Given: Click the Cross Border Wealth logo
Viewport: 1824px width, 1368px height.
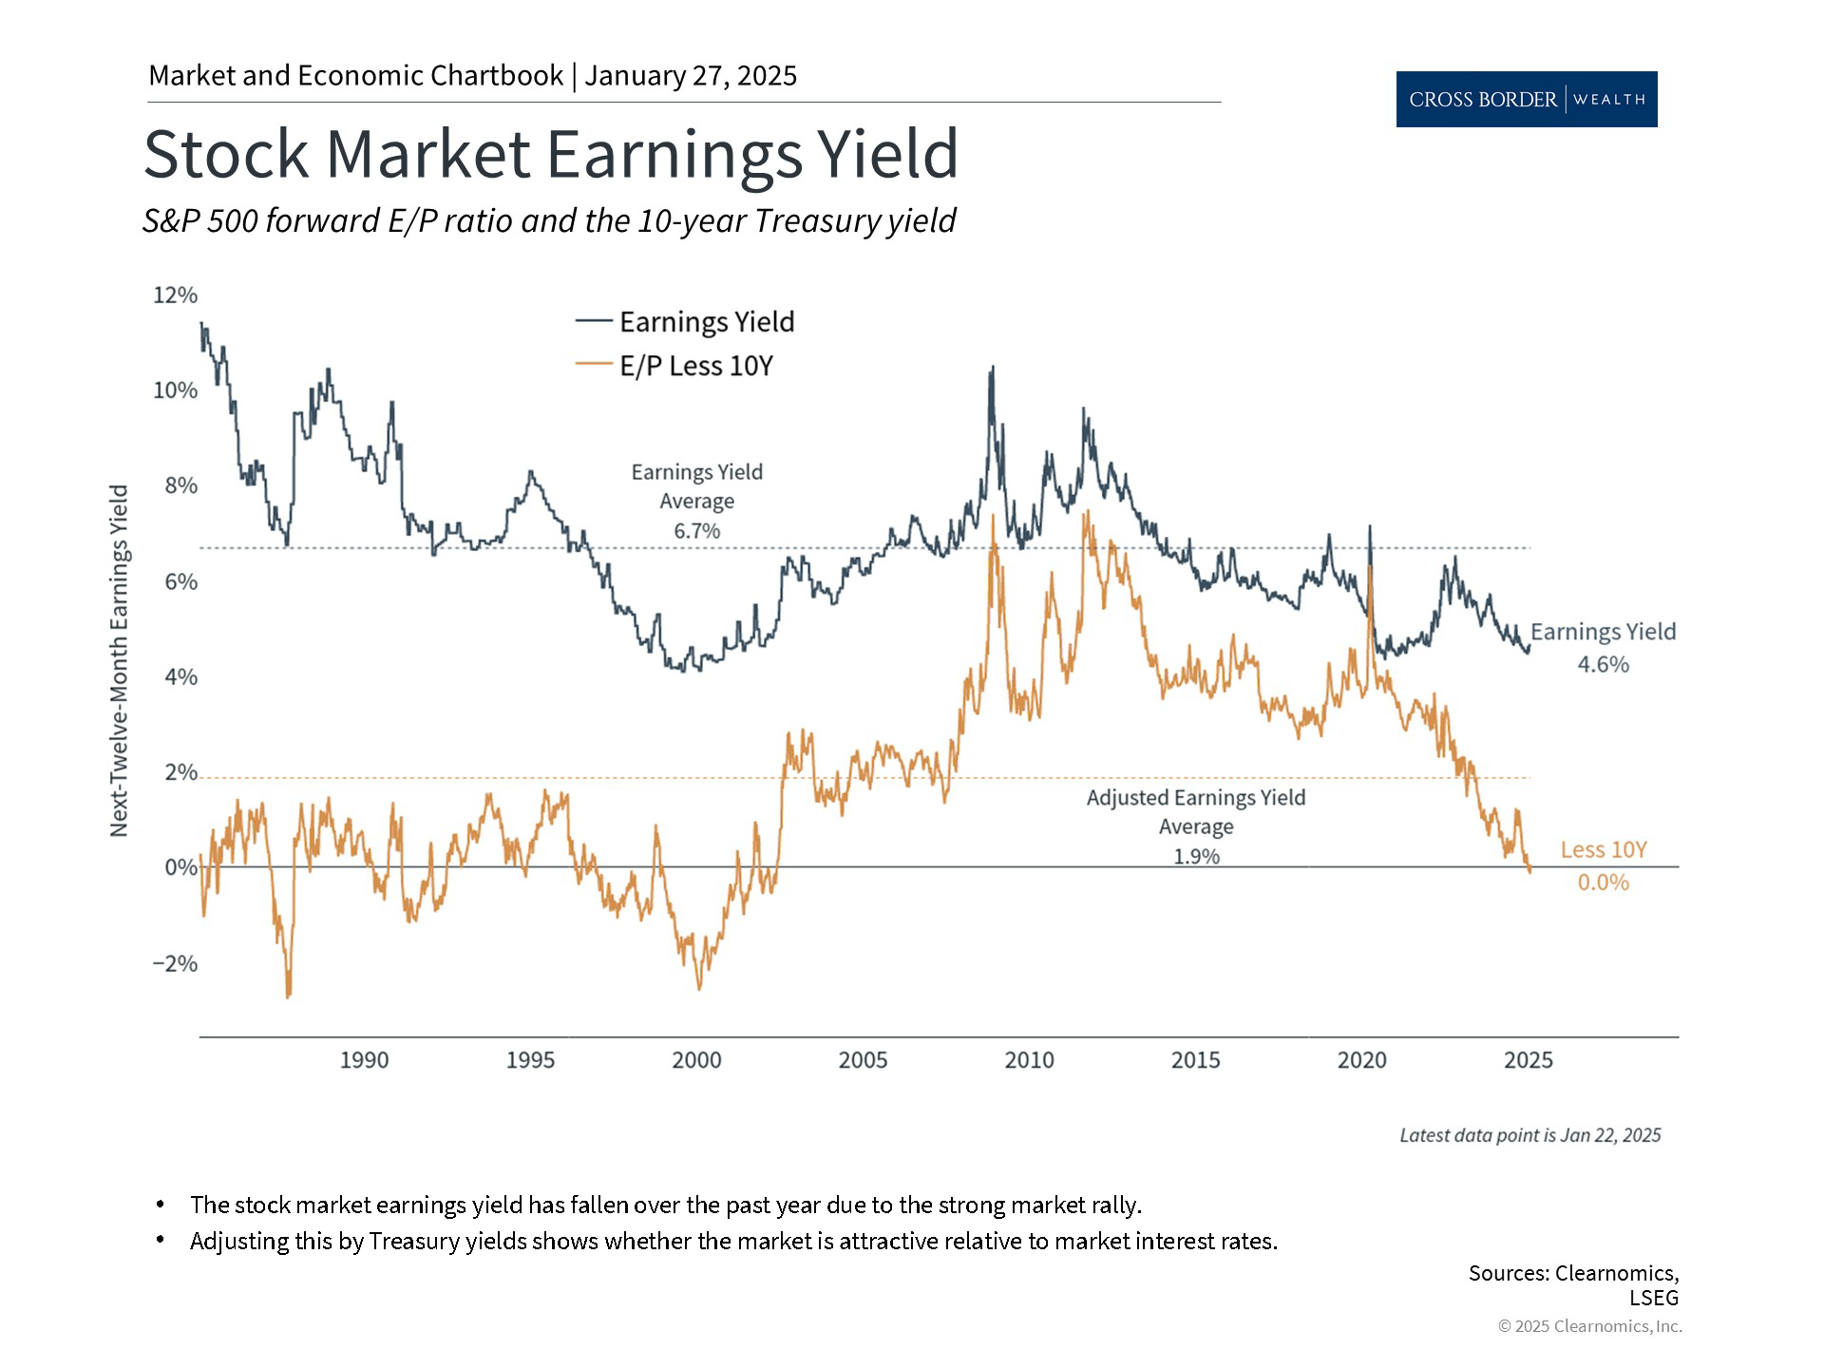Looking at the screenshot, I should (x=1526, y=99).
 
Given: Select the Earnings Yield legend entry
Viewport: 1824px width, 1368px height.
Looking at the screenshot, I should (x=706, y=322).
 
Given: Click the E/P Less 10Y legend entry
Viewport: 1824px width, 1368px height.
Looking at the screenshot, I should (x=695, y=366).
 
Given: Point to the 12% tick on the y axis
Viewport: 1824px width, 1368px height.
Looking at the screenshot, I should (x=176, y=295).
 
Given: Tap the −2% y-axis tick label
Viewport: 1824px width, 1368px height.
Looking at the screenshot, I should (x=176, y=963).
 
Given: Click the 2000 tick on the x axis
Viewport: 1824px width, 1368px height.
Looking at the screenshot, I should (x=696, y=1060).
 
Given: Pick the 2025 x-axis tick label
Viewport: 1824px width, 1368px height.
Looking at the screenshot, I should (x=1528, y=1060).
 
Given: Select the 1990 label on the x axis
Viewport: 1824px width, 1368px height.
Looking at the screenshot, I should (x=364, y=1060).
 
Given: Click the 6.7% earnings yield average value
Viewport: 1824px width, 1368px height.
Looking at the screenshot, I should (x=697, y=531).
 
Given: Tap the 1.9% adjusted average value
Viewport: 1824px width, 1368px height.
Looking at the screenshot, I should (x=1196, y=857).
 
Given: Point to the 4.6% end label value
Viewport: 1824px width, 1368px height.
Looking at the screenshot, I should (x=1603, y=665).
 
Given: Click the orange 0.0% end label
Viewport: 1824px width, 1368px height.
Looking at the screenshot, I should (x=1603, y=883).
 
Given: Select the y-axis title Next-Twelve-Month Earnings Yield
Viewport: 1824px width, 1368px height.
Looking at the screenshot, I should (x=119, y=661).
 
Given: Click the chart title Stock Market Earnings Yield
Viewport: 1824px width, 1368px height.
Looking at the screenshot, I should (x=550, y=154).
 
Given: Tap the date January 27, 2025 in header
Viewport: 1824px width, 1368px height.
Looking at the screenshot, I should (x=691, y=76).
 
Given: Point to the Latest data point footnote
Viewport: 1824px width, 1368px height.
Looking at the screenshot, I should (x=1529, y=1135).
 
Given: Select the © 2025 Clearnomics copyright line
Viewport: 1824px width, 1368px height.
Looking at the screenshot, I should (x=1589, y=1326).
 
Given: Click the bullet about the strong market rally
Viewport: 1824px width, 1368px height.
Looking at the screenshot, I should (x=665, y=1206).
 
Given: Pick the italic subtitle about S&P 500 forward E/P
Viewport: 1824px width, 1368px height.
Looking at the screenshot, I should (x=548, y=220).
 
